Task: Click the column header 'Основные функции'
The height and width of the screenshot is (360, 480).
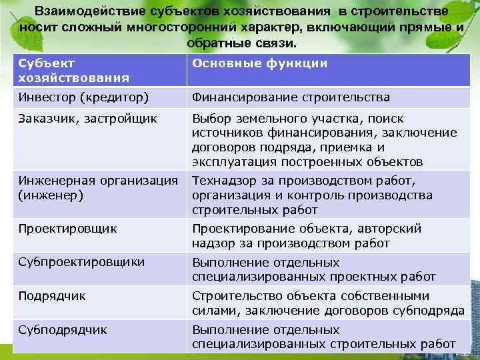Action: click(259, 63)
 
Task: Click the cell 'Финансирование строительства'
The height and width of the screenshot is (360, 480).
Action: click(291, 97)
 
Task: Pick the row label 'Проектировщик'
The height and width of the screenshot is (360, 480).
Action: click(59, 229)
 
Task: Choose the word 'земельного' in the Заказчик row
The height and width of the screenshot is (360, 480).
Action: click(272, 119)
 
